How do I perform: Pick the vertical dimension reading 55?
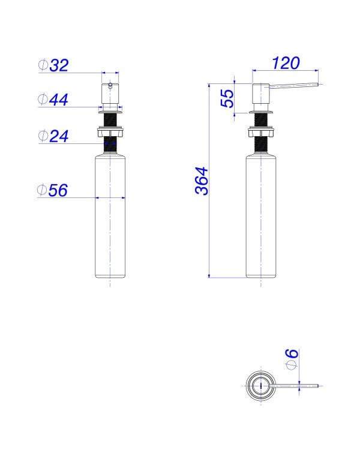click(x=227, y=98)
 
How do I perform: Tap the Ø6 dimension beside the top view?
click(x=291, y=360)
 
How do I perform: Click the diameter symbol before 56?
click(x=43, y=190)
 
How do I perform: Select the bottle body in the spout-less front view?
click(x=110, y=216)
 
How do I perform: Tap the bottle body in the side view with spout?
click(x=261, y=216)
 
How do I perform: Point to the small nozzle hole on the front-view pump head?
click(x=110, y=86)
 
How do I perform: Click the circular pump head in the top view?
click(x=261, y=384)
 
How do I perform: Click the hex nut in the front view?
click(x=110, y=132)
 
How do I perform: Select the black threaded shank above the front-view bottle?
click(x=110, y=145)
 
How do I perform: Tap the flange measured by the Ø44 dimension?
click(x=110, y=110)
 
